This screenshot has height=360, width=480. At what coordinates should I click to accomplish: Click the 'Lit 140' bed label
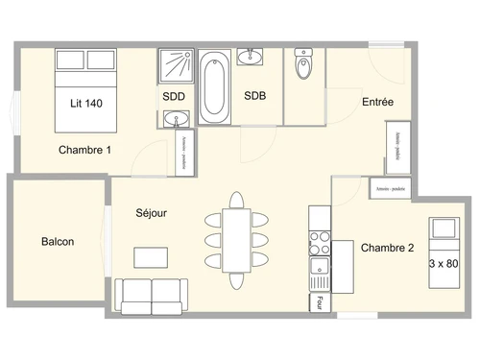tap(86, 103)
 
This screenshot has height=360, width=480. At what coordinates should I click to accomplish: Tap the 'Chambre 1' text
tap(84, 150)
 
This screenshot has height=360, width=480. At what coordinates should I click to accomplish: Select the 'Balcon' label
tap(58, 242)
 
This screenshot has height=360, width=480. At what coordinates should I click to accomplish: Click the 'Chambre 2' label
tap(387, 248)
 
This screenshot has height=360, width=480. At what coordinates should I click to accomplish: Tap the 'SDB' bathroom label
tap(255, 96)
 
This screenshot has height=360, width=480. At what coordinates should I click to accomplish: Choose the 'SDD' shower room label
tap(174, 96)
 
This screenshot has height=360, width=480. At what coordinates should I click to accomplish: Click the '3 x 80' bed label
tap(444, 263)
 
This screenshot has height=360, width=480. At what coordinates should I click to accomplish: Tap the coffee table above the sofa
tap(149, 256)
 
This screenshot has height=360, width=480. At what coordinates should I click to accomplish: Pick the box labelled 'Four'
tap(314, 303)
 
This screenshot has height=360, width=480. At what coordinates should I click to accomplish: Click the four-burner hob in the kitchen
tap(318, 238)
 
